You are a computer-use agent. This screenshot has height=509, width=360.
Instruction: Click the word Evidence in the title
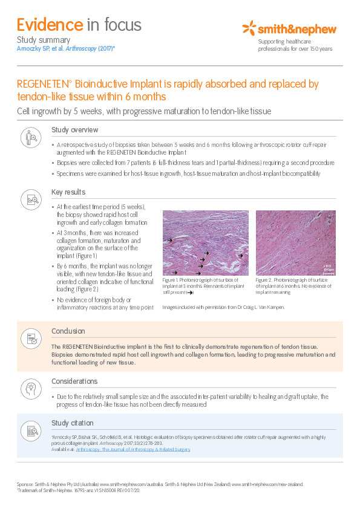50,25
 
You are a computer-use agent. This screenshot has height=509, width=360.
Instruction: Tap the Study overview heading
74,130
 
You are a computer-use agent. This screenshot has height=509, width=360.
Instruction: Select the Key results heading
69,192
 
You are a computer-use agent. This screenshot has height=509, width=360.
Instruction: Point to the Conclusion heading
68,331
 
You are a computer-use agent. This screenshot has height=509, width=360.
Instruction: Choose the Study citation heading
73,423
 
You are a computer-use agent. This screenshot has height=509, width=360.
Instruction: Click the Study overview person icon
31,138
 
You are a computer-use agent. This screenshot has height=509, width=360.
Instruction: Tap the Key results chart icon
31,200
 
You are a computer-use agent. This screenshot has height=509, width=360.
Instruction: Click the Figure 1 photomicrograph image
206,242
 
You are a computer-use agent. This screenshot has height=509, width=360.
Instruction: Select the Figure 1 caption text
204,286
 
